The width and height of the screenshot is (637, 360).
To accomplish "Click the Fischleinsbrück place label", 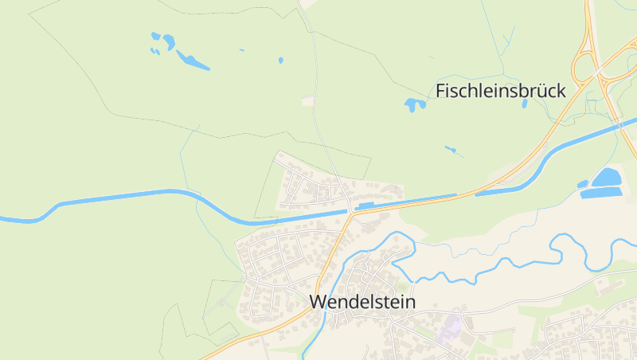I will pyautogui.click(x=500, y=91).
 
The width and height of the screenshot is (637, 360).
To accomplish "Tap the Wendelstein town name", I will pyautogui.click(x=361, y=303).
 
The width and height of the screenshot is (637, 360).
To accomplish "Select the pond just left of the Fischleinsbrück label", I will pyautogui.click(x=414, y=104).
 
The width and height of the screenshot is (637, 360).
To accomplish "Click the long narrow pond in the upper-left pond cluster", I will pyautogui.click(x=193, y=60).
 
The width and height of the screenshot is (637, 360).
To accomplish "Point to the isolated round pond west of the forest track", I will pyautogui.click(x=280, y=60).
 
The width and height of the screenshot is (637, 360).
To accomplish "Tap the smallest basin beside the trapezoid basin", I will pyautogui.click(x=582, y=185).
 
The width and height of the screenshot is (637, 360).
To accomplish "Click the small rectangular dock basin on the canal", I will pyautogui.click(x=366, y=205).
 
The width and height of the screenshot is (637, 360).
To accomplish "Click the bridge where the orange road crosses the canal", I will pyautogui.click(x=350, y=213).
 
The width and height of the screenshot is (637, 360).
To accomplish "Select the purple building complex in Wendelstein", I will pyautogui.click(x=451, y=325).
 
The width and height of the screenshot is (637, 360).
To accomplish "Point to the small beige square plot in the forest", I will pyautogui.click(x=307, y=101).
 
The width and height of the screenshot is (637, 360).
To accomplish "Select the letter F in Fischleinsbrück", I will pyautogui.click(x=440, y=91).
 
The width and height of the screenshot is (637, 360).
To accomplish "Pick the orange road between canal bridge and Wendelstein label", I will pyautogui.click(x=331, y=255).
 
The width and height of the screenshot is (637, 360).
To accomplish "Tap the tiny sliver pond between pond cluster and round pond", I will pyautogui.click(x=241, y=50).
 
